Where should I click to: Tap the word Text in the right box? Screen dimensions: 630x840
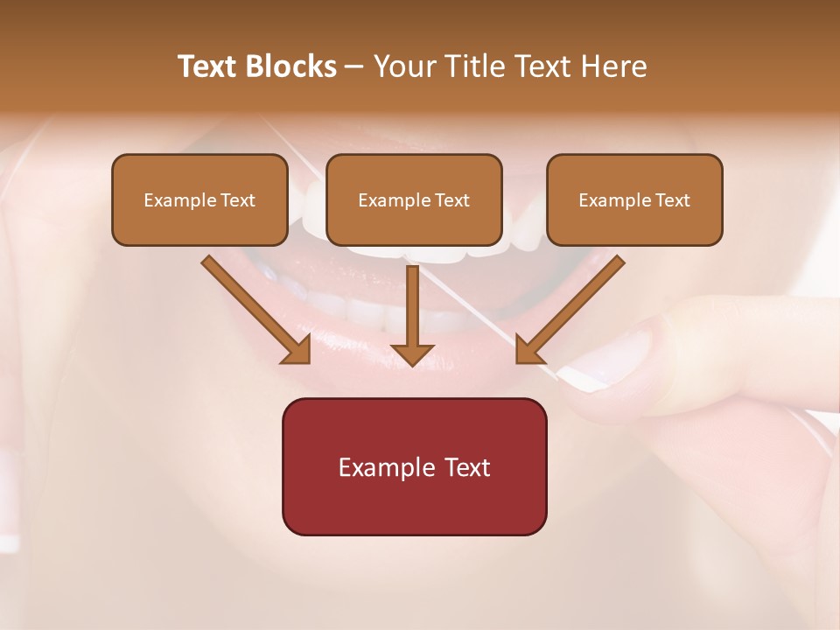(x=672, y=200)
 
